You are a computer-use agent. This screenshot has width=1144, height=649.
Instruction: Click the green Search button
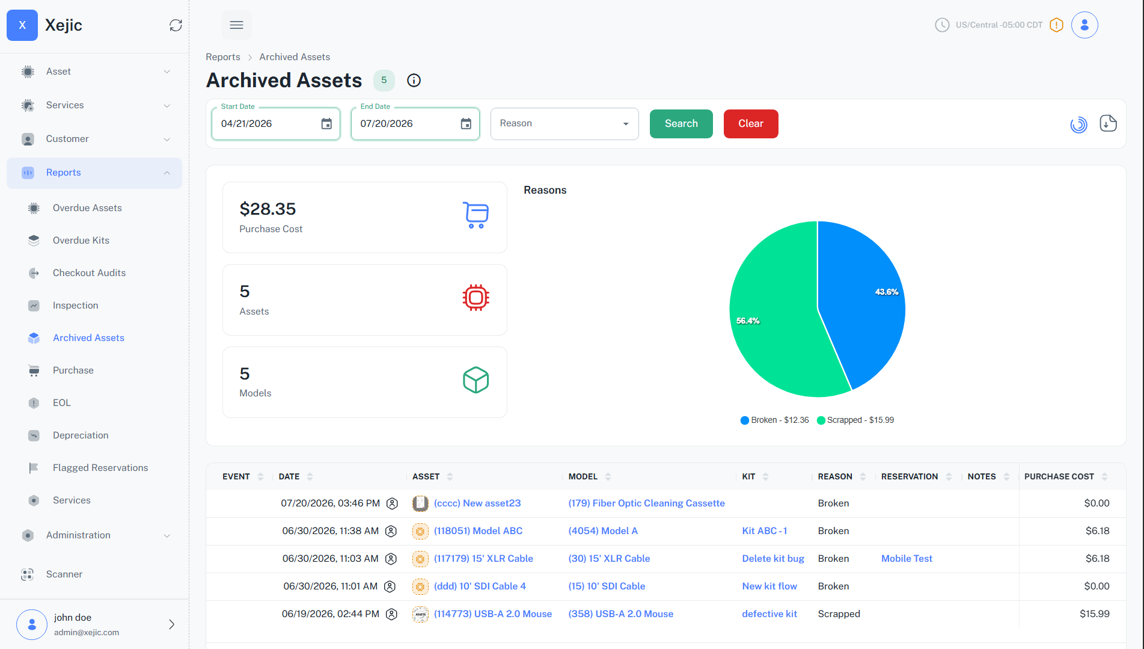[x=681, y=124]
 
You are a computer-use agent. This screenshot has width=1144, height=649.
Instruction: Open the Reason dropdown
[x=564, y=124]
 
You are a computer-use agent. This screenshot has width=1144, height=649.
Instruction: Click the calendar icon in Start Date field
[x=326, y=124]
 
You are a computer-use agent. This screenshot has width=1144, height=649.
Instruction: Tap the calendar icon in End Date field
[x=466, y=124]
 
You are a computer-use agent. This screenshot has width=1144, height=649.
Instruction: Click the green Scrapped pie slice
[x=775, y=319]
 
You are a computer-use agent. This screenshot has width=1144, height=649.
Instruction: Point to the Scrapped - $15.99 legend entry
[x=855, y=420]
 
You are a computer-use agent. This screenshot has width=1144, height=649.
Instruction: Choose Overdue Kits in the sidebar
[x=81, y=241]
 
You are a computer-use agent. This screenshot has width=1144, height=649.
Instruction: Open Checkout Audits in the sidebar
[x=89, y=273]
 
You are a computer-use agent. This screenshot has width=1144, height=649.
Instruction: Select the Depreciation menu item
[x=81, y=435]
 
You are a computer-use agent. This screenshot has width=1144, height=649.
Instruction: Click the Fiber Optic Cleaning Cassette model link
[x=646, y=503]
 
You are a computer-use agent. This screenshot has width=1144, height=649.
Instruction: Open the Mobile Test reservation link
[x=907, y=559]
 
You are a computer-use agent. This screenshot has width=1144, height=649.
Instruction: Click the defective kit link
[x=769, y=614]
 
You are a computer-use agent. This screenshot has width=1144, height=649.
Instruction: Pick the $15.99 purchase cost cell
[x=1094, y=614]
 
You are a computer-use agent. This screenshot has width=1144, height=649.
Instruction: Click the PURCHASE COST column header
[x=1059, y=477]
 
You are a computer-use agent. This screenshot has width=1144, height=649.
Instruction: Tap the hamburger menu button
[x=237, y=25]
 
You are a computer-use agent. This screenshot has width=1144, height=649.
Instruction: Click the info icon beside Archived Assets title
[x=414, y=81]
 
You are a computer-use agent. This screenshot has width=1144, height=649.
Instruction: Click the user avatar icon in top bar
[x=1084, y=25]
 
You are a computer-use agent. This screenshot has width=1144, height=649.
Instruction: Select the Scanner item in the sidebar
[x=64, y=574]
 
